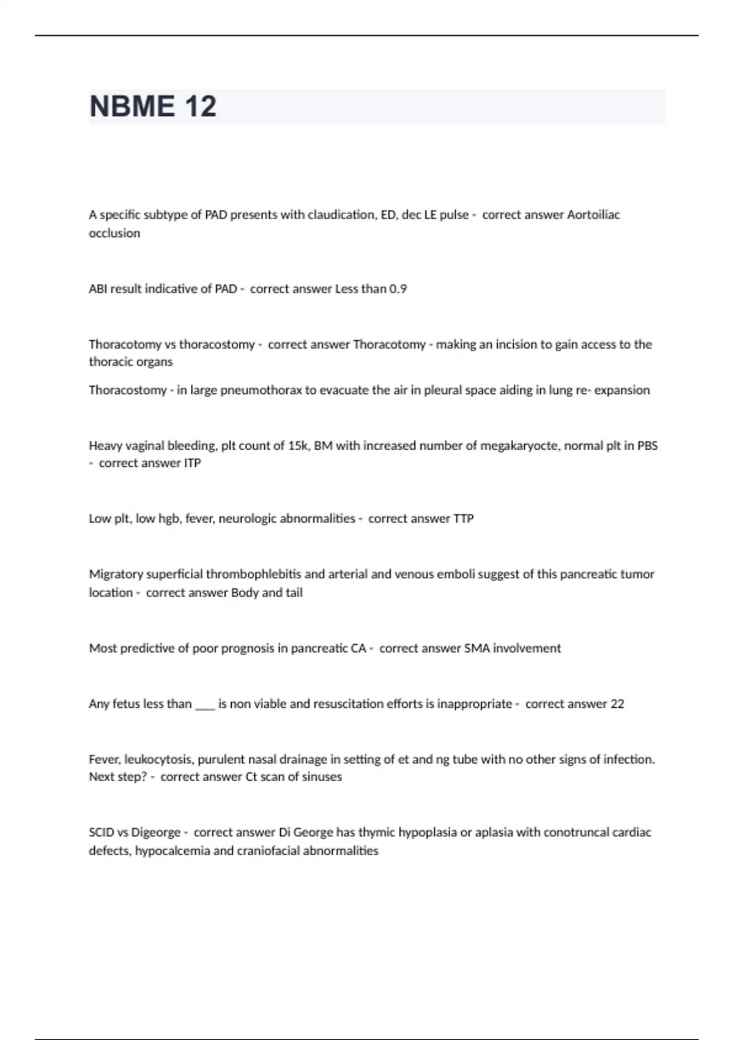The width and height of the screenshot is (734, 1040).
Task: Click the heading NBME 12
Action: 153,106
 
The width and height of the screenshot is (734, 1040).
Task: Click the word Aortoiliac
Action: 593,215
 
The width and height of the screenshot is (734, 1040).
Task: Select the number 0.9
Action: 398,289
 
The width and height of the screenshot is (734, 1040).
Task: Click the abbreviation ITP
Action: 192,463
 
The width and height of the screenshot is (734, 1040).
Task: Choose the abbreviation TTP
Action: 463,519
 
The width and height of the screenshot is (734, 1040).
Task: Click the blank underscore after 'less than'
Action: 205,704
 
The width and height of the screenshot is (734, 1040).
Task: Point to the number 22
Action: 617,704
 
